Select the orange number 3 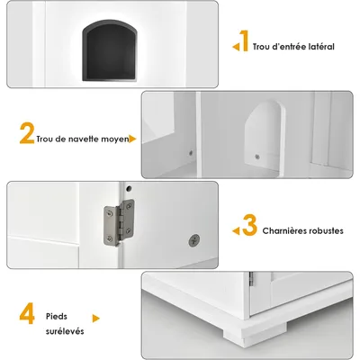[x=250, y=225]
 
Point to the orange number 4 [x=30, y=315]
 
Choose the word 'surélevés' [x=67, y=330]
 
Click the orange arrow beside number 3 [x=237, y=230]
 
